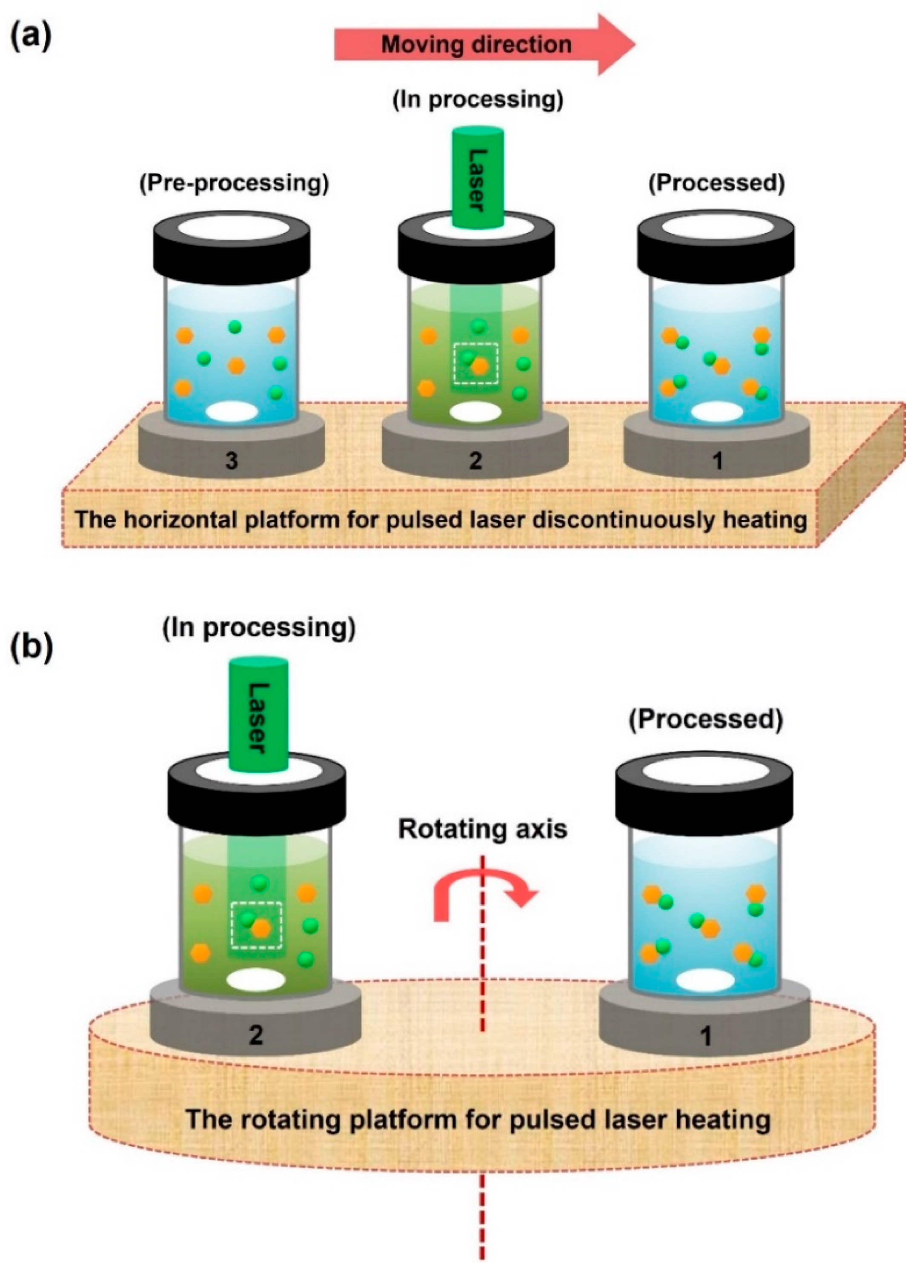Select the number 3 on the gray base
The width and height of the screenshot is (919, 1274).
point(232,460)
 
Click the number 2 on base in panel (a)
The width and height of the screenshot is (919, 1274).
point(475,460)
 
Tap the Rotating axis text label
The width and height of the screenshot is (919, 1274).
point(482,829)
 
